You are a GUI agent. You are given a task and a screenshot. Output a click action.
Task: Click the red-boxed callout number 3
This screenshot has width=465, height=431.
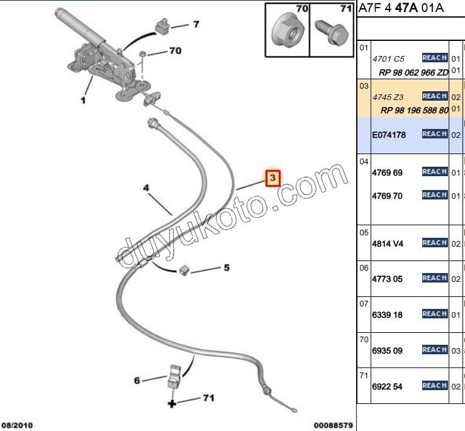point(272,179)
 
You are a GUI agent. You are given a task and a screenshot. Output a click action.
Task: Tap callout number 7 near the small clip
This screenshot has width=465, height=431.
point(196,25)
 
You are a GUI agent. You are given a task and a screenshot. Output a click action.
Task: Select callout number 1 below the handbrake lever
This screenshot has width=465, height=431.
point(83,99)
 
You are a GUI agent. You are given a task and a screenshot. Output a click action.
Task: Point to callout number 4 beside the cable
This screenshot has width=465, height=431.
point(145,188)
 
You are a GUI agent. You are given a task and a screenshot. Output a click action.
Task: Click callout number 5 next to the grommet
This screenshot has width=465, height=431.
point(227,267)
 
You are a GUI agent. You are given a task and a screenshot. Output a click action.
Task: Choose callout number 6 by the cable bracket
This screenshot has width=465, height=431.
point(137,380)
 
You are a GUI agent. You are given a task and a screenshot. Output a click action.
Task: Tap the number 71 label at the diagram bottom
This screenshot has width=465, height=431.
point(209,398)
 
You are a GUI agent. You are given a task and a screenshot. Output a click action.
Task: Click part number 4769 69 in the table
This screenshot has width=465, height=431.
point(387,172)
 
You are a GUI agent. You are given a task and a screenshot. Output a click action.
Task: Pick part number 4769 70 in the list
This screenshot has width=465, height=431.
point(387,196)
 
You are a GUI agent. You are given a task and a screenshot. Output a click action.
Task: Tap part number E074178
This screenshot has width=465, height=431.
point(389,135)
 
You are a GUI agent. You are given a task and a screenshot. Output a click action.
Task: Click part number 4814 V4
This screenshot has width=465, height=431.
point(387,243)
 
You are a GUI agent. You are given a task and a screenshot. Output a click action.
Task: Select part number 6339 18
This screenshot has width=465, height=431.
point(387,315)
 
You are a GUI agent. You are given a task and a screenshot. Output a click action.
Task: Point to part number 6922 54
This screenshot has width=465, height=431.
point(387,386)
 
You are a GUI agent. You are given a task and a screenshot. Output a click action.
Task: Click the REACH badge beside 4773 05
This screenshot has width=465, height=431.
point(435,278)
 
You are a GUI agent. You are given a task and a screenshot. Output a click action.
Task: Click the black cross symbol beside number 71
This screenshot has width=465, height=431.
point(171,403)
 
